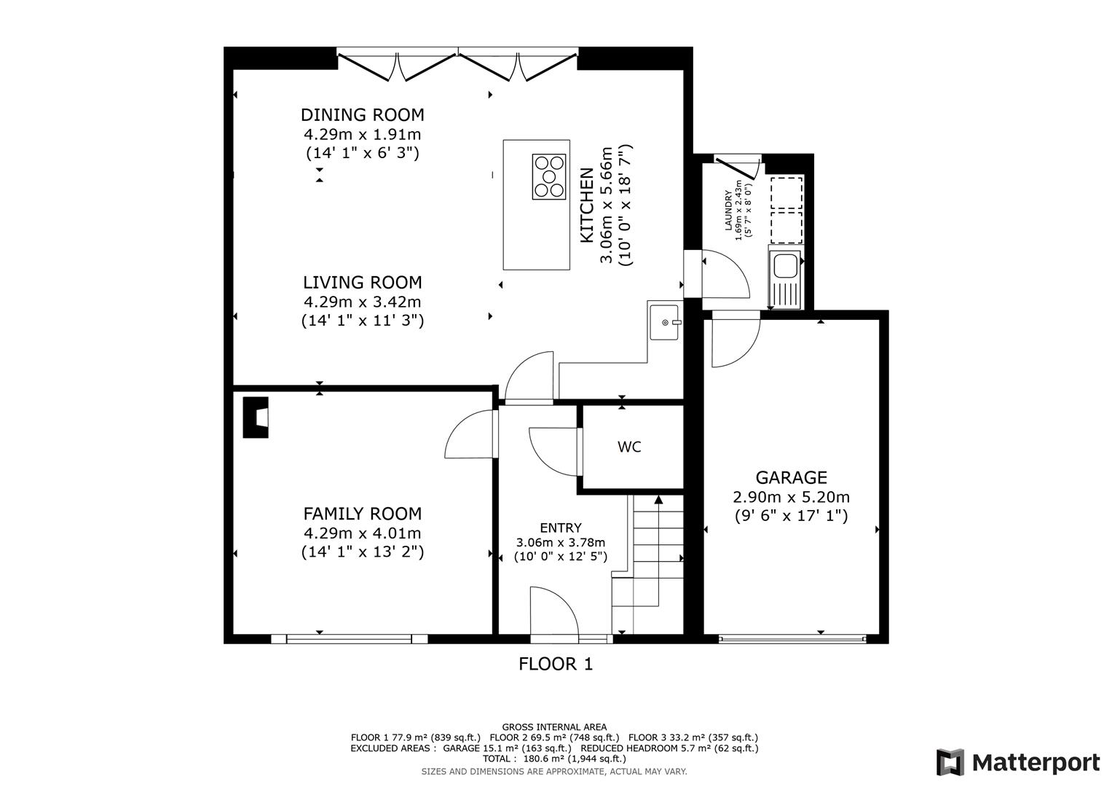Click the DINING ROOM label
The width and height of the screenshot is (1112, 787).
pyautogui.click(x=362, y=115)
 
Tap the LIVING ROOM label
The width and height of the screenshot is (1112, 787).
pyautogui.click(x=362, y=283)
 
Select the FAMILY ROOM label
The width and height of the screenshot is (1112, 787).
pyautogui.click(x=362, y=514)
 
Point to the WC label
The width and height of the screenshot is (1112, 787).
pyautogui.click(x=629, y=447)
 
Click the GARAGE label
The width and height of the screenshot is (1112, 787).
pyautogui.click(x=791, y=478)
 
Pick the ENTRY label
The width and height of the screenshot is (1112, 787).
pyautogui.click(x=560, y=528)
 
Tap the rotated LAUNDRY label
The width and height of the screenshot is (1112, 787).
pyautogui.click(x=727, y=211)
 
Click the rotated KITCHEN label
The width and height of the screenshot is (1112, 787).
pyautogui.click(x=586, y=205)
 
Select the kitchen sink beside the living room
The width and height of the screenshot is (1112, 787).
pyautogui.click(x=664, y=322)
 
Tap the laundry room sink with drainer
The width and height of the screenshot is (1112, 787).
pyautogui.click(x=785, y=277)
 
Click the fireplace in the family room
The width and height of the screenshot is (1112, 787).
pyautogui.click(x=256, y=418)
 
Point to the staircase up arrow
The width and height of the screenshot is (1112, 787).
pyautogui.click(x=658, y=500)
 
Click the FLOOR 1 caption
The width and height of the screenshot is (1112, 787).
pyautogui.click(x=556, y=664)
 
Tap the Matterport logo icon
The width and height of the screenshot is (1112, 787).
pyautogui.click(x=950, y=763)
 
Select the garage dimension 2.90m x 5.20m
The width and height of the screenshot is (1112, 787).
pyautogui.click(x=791, y=498)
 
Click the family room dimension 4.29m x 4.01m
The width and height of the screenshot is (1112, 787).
pyautogui.click(x=362, y=533)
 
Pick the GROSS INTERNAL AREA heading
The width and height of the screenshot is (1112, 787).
pyautogui.click(x=554, y=727)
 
